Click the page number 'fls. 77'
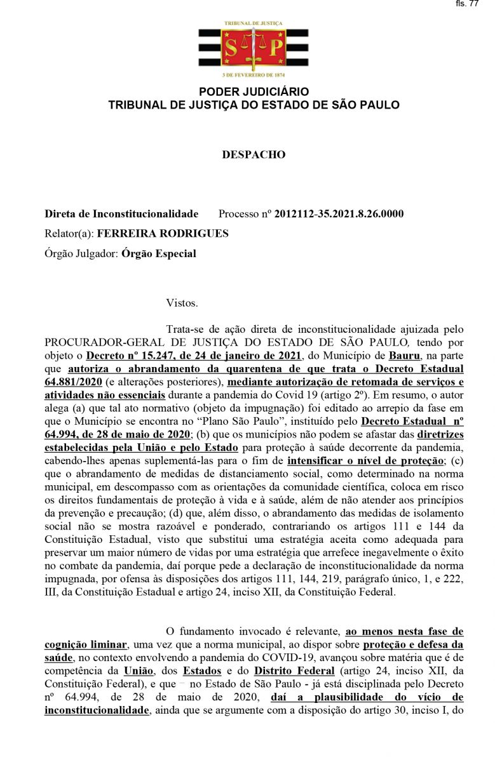coord(467,4)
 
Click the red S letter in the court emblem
coord(232,47)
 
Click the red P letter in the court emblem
coord(275,47)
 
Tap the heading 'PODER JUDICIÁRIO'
coord(254,92)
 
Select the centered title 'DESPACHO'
coord(254,154)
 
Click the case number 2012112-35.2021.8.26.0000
coord(339,214)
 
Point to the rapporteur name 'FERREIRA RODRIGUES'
coord(163,234)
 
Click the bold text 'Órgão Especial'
coord(158,253)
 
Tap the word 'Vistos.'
coord(182,303)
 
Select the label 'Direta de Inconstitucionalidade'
coord(121,214)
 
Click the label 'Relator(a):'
coord(69,234)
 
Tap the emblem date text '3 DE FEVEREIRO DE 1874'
coord(254,75)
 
